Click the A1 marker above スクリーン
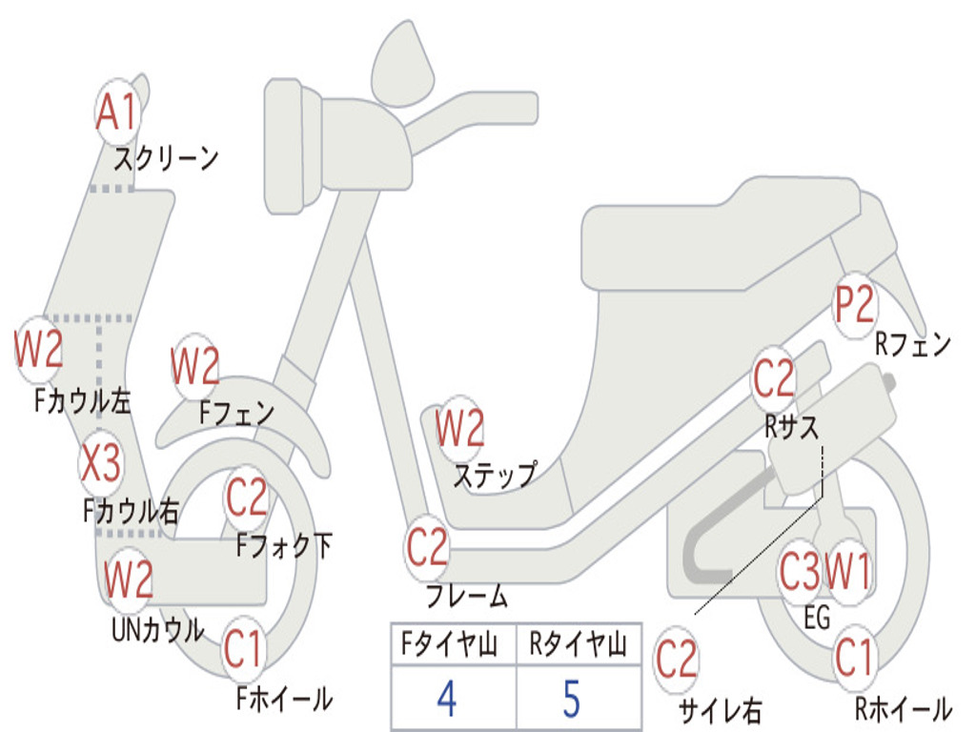click(x=118, y=112)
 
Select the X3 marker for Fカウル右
click(x=100, y=464)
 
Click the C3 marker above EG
click(x=800, y=572)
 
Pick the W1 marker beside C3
click(x=847, y=572)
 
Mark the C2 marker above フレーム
click(x=428, y=547)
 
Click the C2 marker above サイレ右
click(x=677, y=660)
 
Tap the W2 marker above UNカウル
click(x=129, y=579)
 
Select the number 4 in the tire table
click(x=447, y=699)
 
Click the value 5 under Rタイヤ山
click(x=571, y=699)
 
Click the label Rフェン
click(x=913, y=345)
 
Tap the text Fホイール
click(x=284, y=699)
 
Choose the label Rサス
click(x=791, y=427)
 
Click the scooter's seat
click(x=724, y=234)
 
